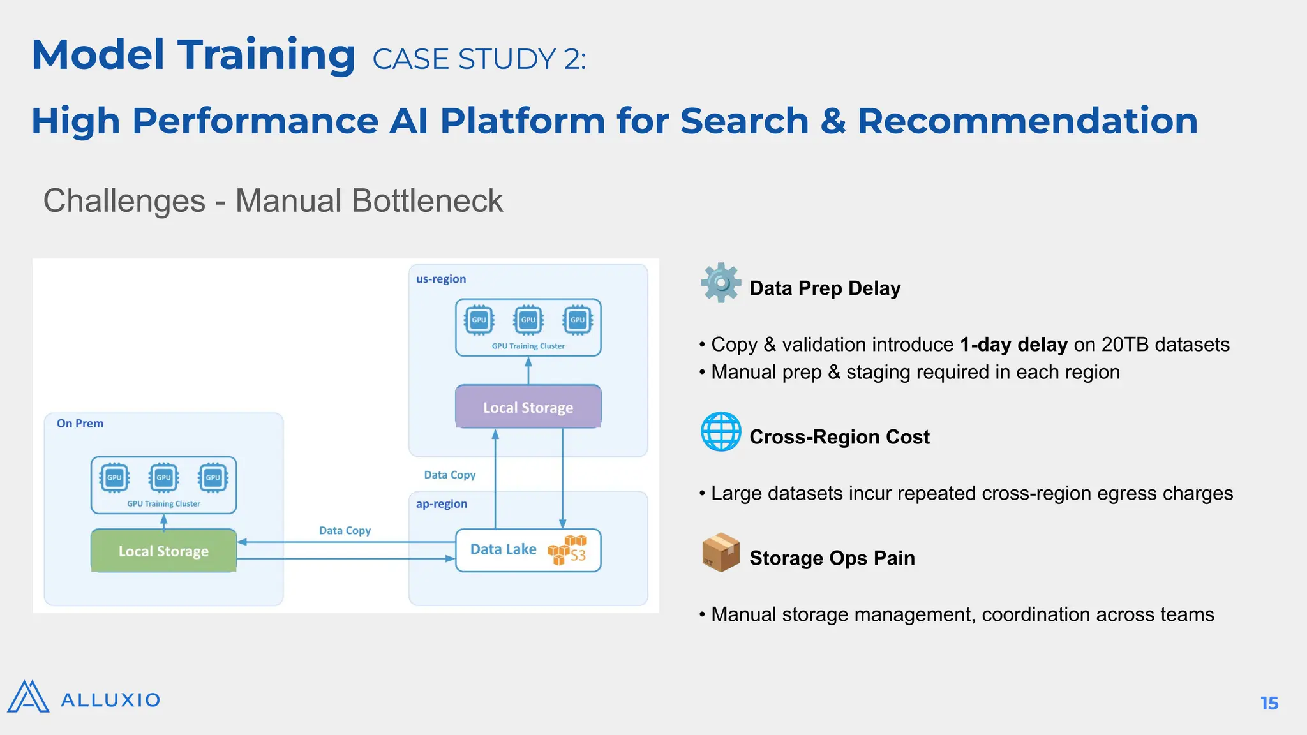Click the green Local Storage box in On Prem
[163, 551]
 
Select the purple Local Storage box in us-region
[528, 407]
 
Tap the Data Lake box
[504, 549]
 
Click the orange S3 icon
[567, 550]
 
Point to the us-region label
[441, 279]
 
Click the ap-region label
[442, 504]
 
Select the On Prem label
[80, 424]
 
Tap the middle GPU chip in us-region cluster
[528, 320]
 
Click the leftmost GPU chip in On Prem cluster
[114, 477]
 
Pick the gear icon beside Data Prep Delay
[721, 283]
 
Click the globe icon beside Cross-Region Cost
[721, 432]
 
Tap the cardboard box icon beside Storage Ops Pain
[721, 553]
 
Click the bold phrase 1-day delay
[1013, 345]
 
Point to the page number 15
[1269, 703]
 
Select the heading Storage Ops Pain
[832, 558]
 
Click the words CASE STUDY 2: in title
[479, 59]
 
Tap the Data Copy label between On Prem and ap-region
[345, 531]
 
